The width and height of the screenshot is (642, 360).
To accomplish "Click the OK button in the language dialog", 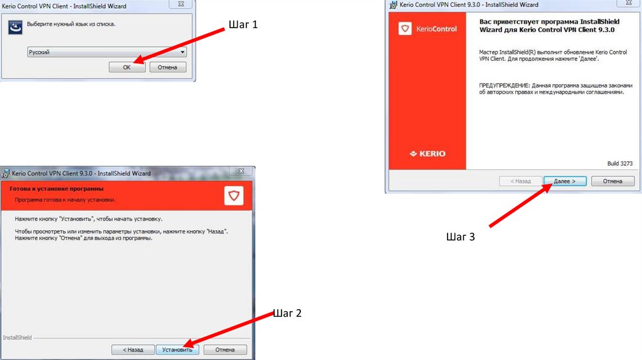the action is coord(127,67).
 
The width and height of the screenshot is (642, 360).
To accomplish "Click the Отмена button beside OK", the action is coord(167,67).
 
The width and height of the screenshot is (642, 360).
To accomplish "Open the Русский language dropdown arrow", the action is coord(182,52).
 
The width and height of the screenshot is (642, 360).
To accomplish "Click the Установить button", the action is coord(177,350).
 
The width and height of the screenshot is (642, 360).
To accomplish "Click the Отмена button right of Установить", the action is coord(225,350).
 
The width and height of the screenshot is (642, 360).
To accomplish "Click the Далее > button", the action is coord(565,181).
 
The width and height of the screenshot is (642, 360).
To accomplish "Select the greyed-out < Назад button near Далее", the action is coord(520,181).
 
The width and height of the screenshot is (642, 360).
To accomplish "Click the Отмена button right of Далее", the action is coord(613,181).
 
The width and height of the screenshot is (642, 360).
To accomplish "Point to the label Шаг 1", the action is coord(243,24).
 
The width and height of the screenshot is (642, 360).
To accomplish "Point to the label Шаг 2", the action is coord(287,314).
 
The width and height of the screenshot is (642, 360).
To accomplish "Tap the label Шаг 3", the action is coord(461,236).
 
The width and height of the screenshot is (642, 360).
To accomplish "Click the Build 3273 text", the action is coord(620,164).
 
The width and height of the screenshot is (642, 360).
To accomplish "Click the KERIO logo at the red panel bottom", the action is coord(428,154).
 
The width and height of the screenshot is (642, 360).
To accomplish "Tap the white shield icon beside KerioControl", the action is coord(405,29).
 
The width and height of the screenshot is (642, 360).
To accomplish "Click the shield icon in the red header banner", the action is coord(234,196).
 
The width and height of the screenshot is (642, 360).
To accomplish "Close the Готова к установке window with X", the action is coord(241,171).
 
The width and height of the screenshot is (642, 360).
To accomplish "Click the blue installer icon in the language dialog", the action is coord(16,28).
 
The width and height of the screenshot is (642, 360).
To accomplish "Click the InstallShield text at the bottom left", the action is coord(17,337).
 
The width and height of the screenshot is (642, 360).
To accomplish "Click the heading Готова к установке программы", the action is coord(56,189).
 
